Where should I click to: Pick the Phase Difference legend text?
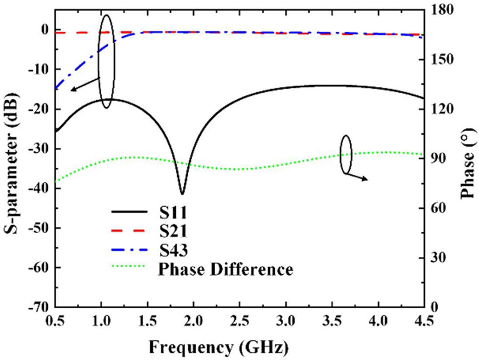click(x=226, y=269)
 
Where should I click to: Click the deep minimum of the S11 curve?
click(x=182, y=193)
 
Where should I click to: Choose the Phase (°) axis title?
click(x=468, y=159)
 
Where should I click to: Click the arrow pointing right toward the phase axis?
click(x=358, y=176)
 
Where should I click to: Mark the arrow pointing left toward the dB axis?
click(x=82, y=84)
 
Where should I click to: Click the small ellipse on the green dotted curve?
click(x=345, y=155)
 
